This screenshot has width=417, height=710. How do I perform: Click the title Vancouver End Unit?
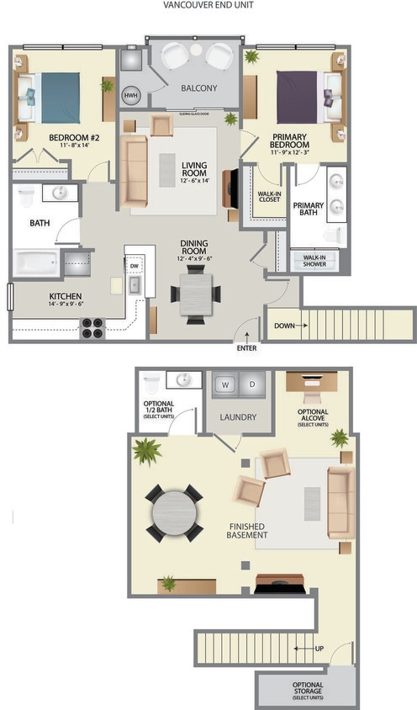click(208, 5)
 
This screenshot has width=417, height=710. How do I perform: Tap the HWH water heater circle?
click(131, 95)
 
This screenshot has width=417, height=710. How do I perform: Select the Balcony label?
click(198, 88)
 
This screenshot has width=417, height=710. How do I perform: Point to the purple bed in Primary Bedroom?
click(301, 96)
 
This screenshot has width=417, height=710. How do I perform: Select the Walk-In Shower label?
click(309, 261)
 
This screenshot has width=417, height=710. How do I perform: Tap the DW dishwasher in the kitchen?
click(135, 264)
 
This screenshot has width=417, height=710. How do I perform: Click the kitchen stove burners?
click(92, 327)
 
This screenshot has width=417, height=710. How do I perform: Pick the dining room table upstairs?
click(196, 294)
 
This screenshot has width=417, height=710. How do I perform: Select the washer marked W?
click(224, 385)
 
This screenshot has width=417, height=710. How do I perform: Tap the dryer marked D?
click(251, 385)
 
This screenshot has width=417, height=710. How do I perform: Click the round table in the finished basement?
click(175, 512)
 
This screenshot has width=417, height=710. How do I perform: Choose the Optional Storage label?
click(308, 691)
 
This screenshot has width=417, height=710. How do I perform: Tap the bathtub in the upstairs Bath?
click(35, 262)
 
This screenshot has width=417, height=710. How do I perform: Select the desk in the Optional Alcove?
click(313, 379)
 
